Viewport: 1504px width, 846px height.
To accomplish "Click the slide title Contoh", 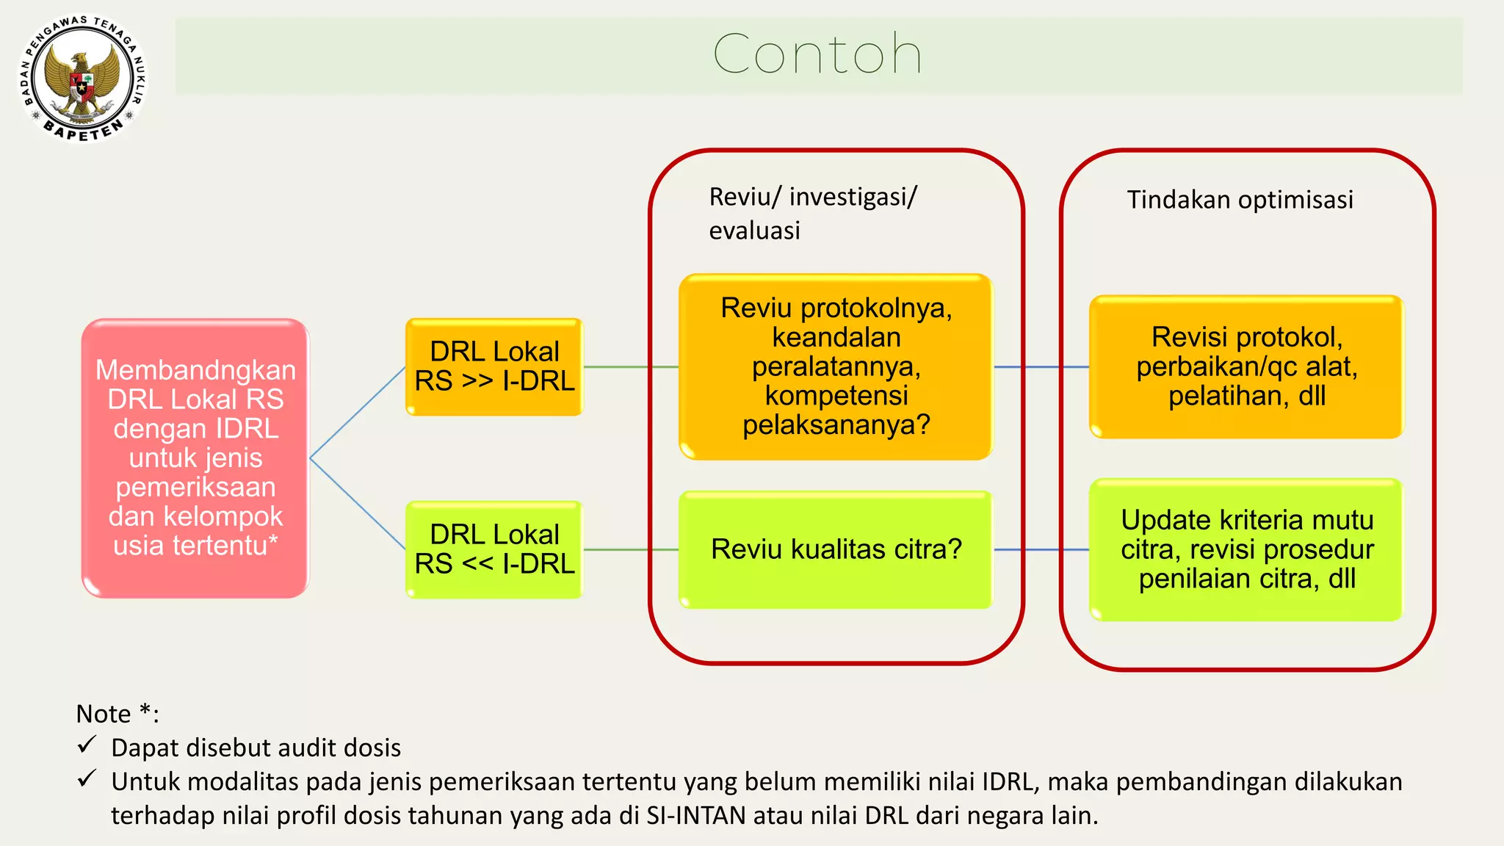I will pos(817,54).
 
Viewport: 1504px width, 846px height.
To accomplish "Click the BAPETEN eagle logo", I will pos(82,79).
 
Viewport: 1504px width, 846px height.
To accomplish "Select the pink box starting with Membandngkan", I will pos(195,458).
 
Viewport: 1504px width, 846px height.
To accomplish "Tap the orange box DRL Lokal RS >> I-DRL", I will pos(494,366).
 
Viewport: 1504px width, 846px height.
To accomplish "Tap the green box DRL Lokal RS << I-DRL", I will pos(494,549).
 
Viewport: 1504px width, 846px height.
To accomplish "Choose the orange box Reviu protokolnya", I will pos(836,366).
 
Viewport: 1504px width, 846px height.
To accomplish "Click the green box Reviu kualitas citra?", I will pos(836,549).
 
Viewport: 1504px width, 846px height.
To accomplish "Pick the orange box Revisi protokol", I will pos(1246,366).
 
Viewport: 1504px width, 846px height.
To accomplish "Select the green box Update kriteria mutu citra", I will pos(1246,549).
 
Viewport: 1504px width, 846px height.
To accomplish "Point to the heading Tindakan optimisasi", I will pos(1240,200).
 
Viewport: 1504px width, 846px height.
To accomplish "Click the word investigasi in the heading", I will pos(849,198).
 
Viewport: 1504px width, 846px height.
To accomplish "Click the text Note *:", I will pos(117,714).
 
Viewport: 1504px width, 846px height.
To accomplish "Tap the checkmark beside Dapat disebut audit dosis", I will pos(87,745).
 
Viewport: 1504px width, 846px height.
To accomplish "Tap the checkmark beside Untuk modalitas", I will pos(87,779).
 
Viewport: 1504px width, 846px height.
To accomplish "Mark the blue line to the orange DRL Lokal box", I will pos(358,413).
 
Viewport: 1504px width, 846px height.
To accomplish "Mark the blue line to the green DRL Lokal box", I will pos(358,504).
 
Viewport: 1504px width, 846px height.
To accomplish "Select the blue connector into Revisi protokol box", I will pos(1041,366).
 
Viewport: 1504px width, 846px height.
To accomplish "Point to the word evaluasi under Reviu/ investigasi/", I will pos(754,231).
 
